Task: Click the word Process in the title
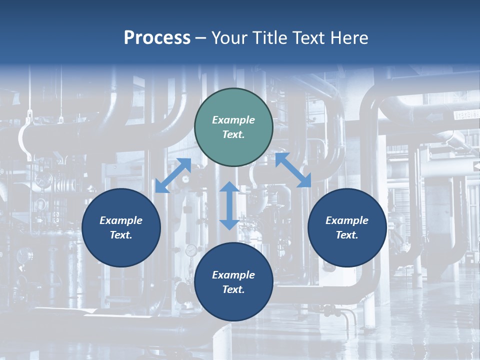[x=157, y=38]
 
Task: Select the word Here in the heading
[x=348, y=38]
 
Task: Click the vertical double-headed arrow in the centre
[x=229, y=205]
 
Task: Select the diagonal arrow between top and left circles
[x=173, y=175]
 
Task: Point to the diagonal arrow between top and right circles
[x=293, y=170]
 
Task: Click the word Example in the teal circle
[x=233, y=120]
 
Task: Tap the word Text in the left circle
[x=121, y=235]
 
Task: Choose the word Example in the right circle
[x=347, y=220]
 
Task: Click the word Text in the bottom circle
[x=233, y=289]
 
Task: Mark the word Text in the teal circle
[x=233, y=134]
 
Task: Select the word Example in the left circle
[x=121, y=220]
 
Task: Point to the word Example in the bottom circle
[x=233, y=275]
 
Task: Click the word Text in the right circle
[x=347, y=235]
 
